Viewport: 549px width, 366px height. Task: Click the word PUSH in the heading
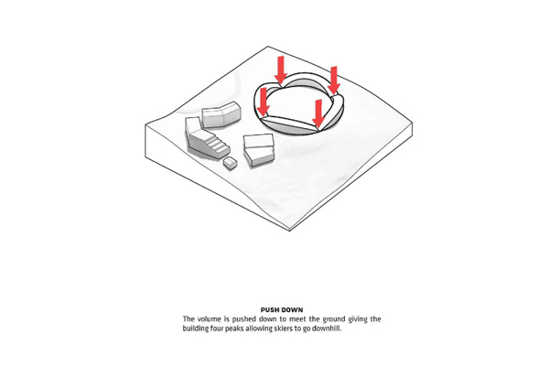270,309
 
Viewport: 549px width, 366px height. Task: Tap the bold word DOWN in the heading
292,309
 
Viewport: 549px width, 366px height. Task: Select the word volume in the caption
209,319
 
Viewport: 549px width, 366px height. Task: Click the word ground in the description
334,319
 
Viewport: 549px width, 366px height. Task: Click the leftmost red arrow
263,102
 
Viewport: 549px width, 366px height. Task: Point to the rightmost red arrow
334,81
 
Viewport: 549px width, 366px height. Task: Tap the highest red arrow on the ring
281,70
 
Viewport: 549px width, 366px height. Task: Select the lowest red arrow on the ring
318,113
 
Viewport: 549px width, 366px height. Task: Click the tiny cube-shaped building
231,163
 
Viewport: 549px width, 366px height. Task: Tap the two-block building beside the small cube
259,149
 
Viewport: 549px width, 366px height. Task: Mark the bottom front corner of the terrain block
290,231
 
